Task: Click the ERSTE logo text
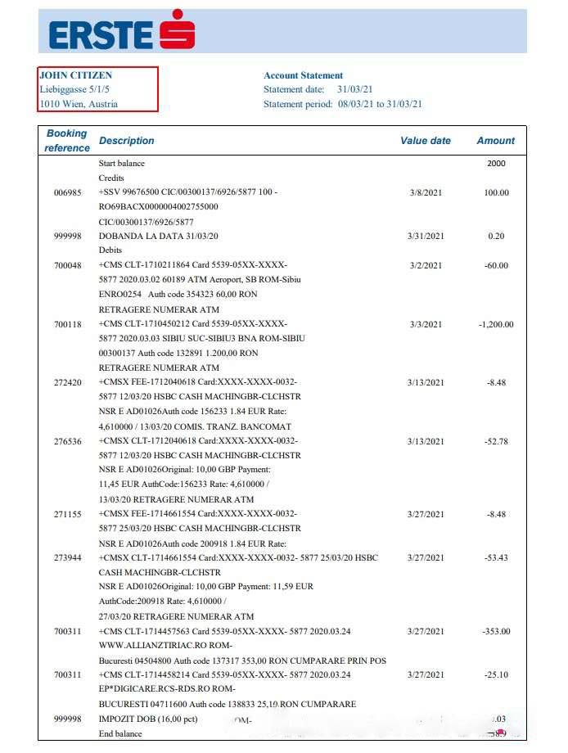point(101,34)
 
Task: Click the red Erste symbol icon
point(177,30)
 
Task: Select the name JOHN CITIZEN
point(76,75)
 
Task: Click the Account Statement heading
point(303,75)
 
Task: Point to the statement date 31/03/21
point(355,89)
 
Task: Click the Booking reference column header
point(67,141)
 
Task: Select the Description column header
point(126,141)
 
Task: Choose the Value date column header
point(425,141)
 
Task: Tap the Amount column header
point(495,141)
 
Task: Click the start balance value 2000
point(496,164)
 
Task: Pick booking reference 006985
point(68,193)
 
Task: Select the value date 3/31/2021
point(426,237)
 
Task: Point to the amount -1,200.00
point(495,324)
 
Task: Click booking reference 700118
point(68,324)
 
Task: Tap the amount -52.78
point(495,441)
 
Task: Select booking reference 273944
point(68,558)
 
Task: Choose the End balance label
point(120,734)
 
